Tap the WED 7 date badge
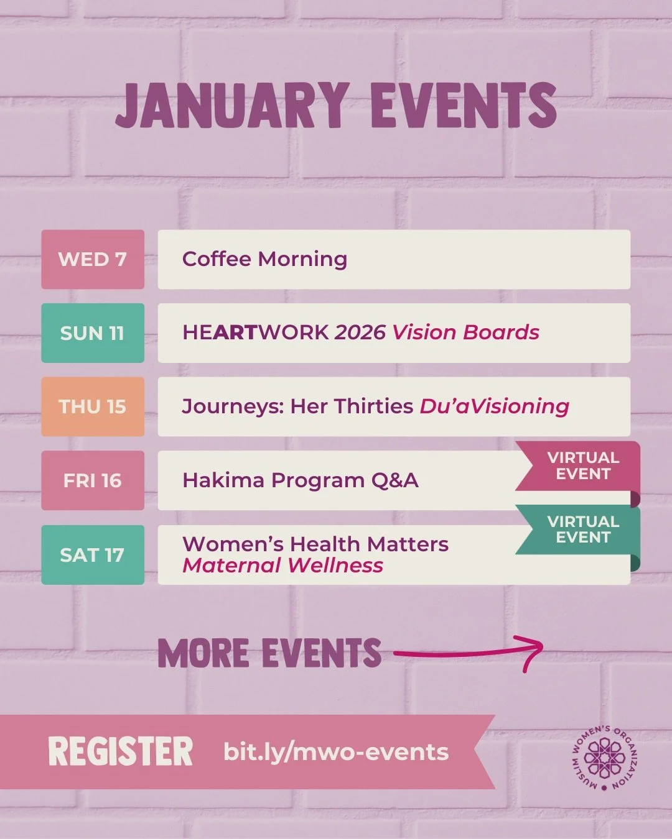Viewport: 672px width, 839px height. (x=93, y=259)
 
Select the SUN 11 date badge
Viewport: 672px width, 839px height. (x=93, y=333)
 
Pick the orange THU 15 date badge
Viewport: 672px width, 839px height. (x=93, y=406)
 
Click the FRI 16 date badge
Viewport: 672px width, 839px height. (x=93, y=480)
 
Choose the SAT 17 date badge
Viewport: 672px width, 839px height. (x=93, y=554)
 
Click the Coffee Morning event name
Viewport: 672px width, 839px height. (x=264, y=259)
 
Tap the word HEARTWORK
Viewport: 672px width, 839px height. (x=255, y=332)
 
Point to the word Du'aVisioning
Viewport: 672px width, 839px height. (x=494, y=406)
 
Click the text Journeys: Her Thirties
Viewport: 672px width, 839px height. (x=297, y=406)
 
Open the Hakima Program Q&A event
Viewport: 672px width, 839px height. (x=300, y=480)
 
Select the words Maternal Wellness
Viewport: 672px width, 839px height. (x=283, y=566)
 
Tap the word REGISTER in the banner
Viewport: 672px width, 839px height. (x=121, y=751)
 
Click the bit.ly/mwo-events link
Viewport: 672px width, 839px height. (x=336, y=752)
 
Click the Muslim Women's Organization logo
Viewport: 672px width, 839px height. (x=605, y=758)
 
